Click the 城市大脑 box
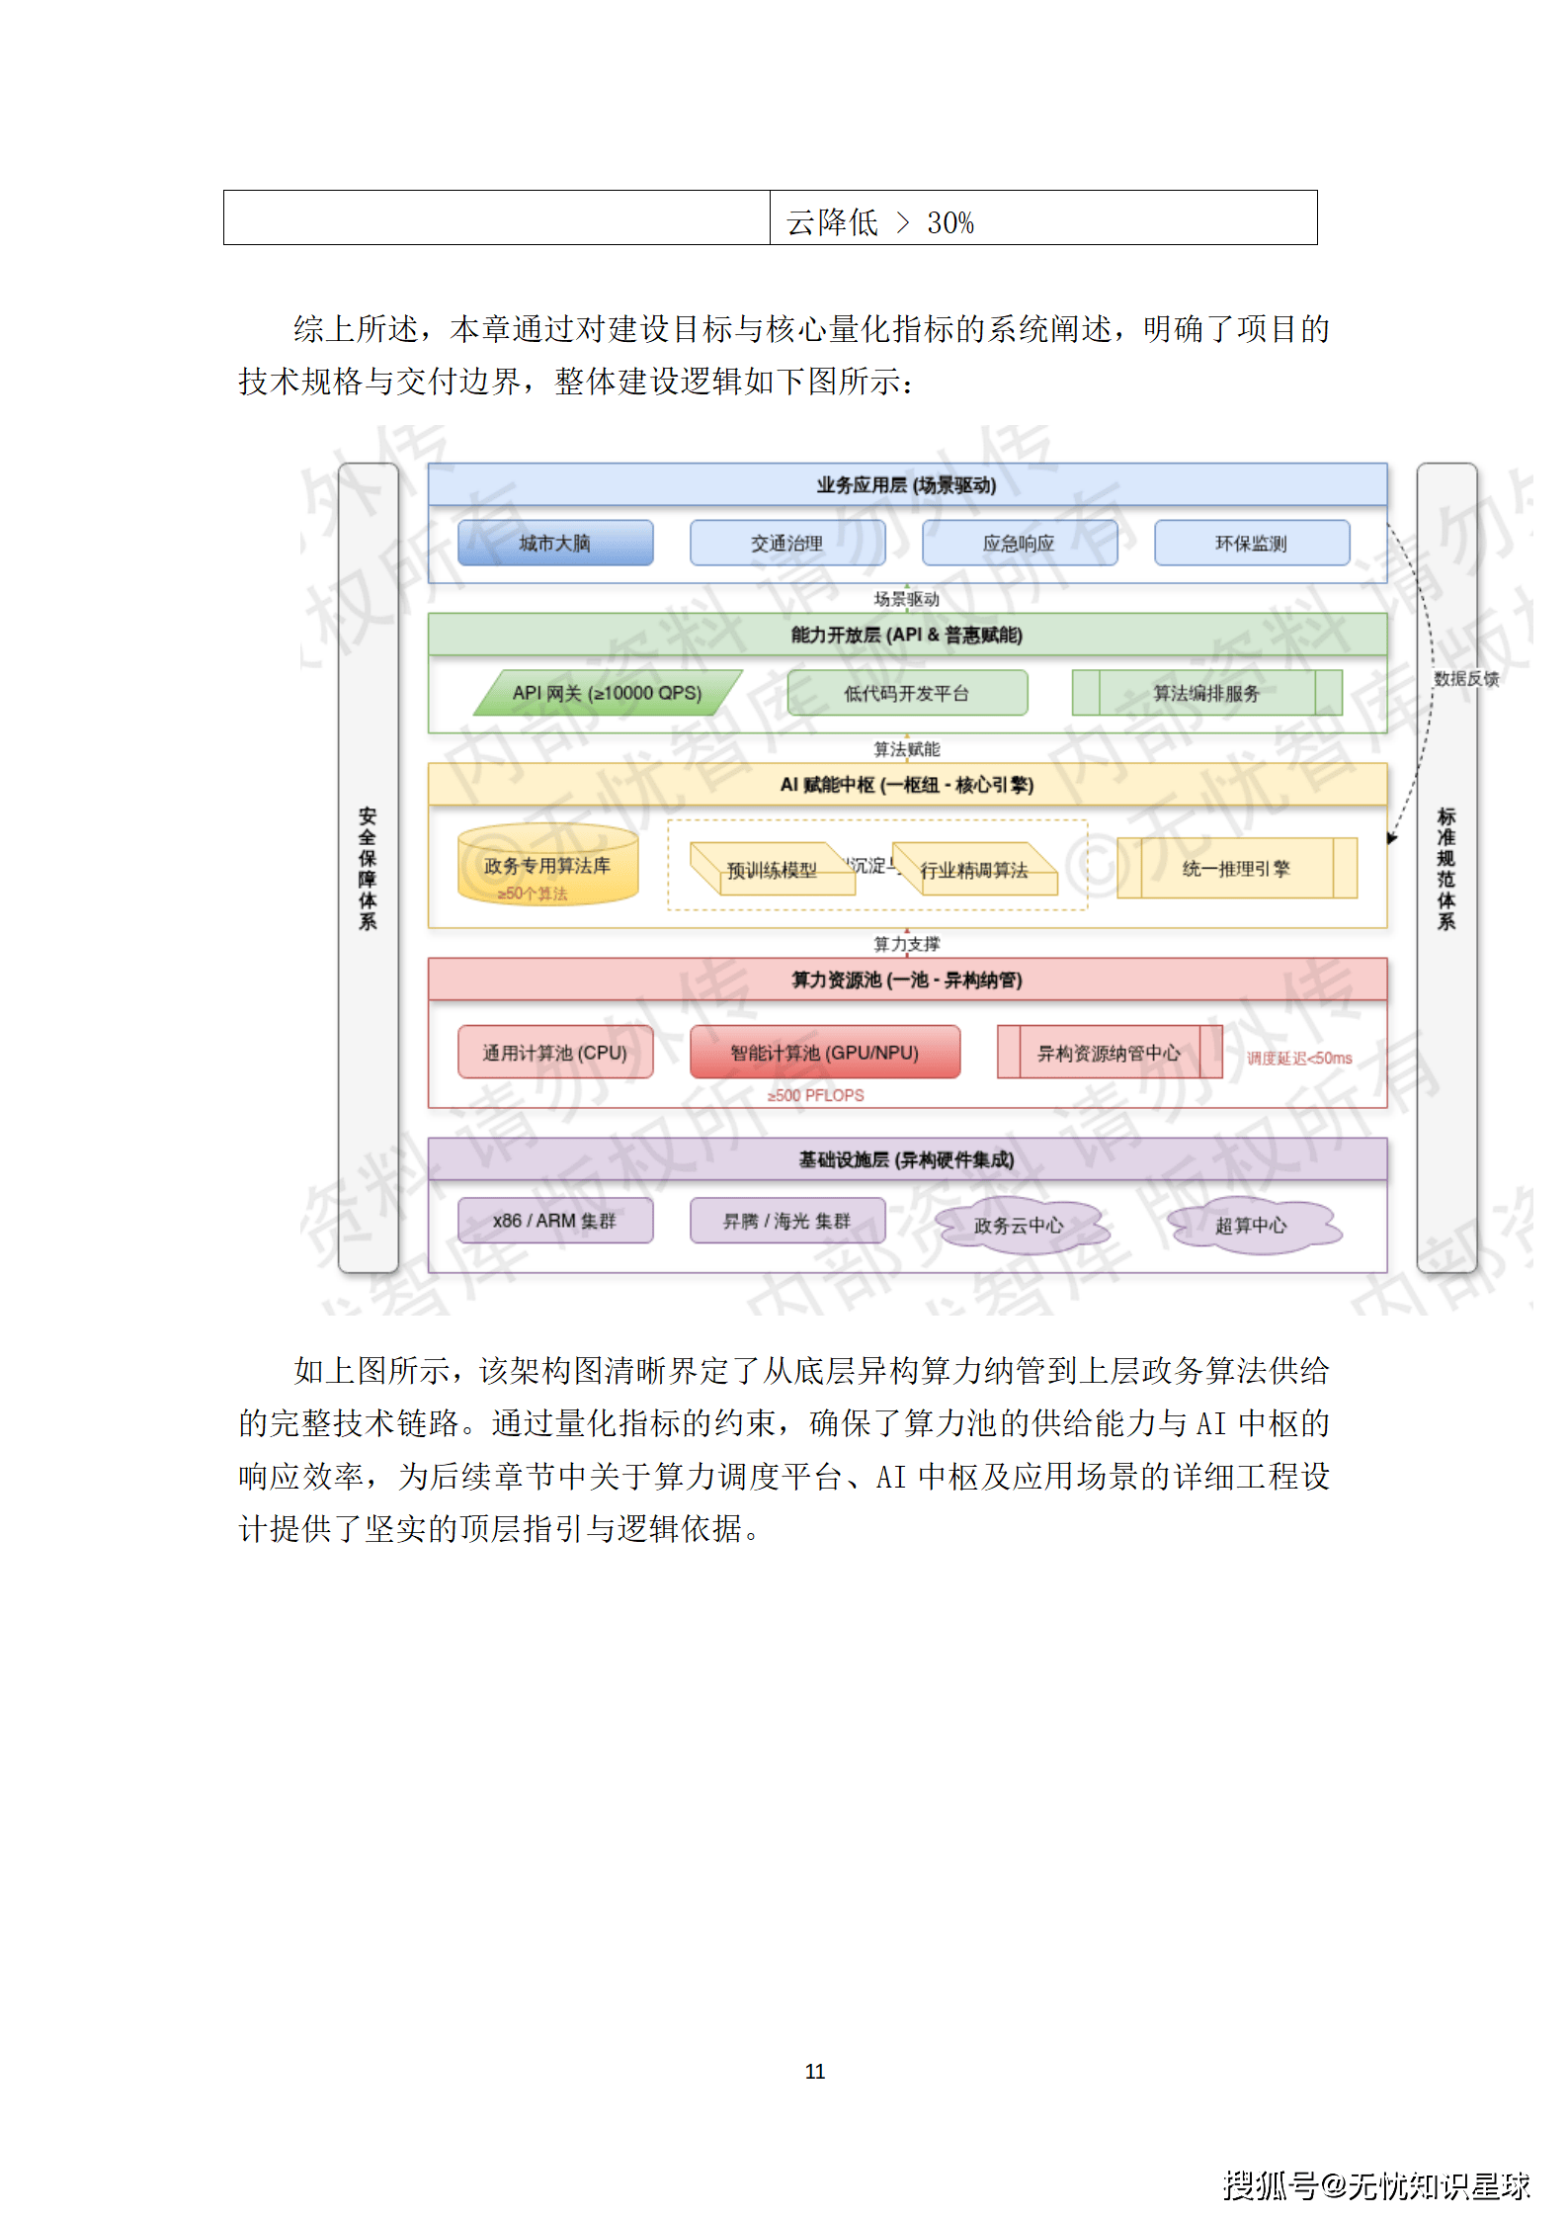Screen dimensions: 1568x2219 (555, 543)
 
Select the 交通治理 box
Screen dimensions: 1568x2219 (787, 543)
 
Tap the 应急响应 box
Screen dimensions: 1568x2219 (1019, 543)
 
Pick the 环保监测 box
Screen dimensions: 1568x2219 (1251, 543)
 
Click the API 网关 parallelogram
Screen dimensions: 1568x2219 (607, 693)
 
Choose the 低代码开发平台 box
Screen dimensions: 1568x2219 (907, 693)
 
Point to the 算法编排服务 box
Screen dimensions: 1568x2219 (1206, 693)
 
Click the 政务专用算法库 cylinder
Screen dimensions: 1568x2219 (547, 866)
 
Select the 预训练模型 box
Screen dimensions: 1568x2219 (773, 870)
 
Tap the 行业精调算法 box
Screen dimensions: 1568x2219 (974, 870)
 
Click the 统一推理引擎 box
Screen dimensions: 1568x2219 (1236, 868)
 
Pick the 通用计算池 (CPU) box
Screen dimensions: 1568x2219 (555, 1052)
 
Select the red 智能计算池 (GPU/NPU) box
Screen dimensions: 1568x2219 (824, 1052)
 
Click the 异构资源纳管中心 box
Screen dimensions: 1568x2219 (1109, 1053)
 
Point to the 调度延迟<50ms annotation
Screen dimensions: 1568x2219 (1298, 1058)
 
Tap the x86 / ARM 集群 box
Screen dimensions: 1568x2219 (555, 1221)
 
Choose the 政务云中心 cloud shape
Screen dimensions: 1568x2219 (1019, 1226)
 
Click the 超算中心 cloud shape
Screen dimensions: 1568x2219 (1251, 1226)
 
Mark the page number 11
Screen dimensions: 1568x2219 (815, 2071)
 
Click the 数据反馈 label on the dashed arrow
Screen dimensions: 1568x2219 (1466, 678)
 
